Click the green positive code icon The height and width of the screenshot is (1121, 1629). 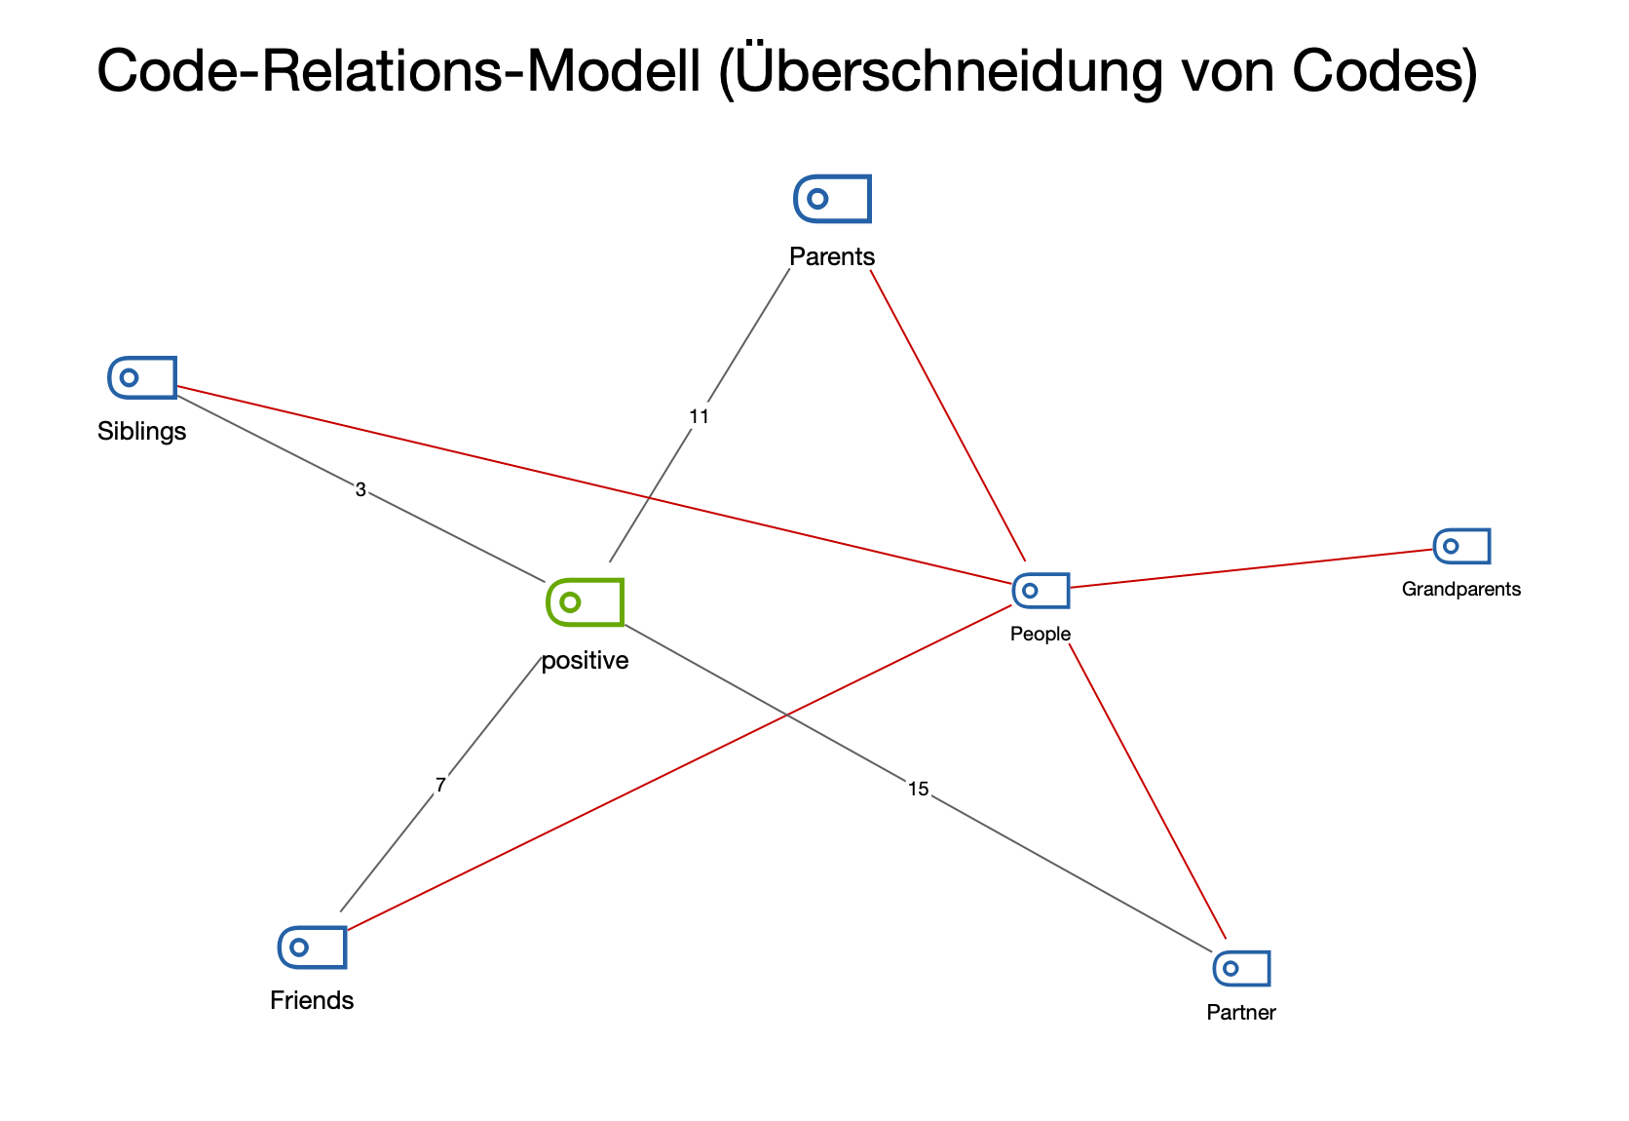[585, 601]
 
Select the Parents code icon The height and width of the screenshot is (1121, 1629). [832, 199]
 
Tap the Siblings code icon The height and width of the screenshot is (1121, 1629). [142, 377]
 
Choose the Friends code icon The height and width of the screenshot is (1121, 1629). [313, 947]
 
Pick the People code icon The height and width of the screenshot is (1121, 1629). [1041, 591]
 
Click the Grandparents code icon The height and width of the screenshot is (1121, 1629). [1461, 546]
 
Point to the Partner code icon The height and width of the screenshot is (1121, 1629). [1241, 968]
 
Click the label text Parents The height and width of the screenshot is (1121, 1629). [832, 256]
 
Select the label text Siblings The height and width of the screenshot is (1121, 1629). [142, 431]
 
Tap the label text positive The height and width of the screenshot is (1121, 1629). [585, 661]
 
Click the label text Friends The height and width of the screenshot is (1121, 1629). [312, 1000]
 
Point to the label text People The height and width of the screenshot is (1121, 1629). [1041, 634]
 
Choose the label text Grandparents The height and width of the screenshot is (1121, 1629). [1460, 589]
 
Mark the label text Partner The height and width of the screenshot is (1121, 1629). [1240, 1012]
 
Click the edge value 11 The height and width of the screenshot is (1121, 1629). [699, 416]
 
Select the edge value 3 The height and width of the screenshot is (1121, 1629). [360, 490]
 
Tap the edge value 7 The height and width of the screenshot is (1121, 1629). [440, 785]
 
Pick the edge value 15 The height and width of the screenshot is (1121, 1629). [918, 789]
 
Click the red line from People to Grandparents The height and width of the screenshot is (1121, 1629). [1252, 568]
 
